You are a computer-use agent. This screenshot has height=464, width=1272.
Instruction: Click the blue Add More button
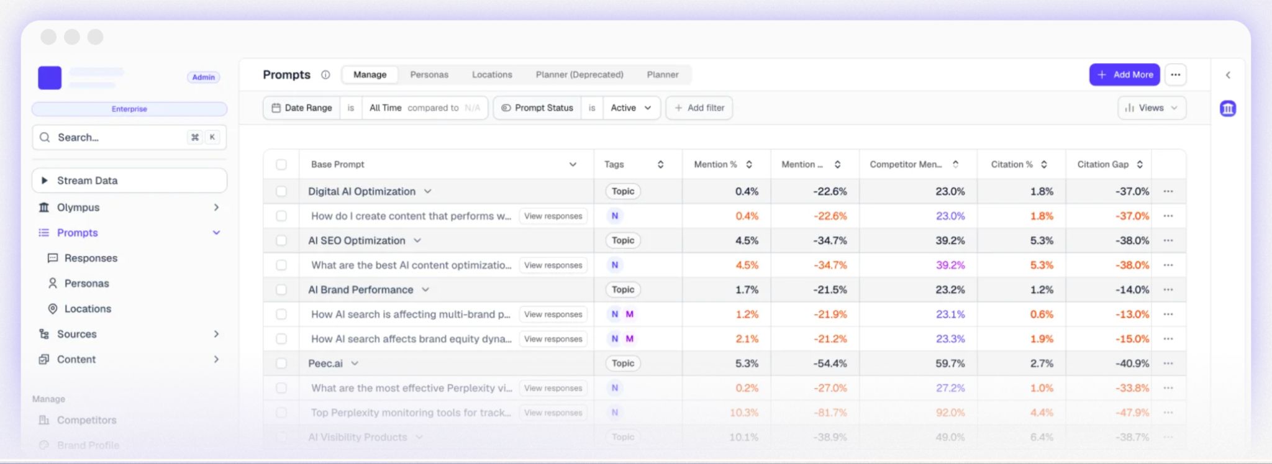(1124, 75)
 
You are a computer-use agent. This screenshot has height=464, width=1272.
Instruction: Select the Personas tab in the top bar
(429, 75)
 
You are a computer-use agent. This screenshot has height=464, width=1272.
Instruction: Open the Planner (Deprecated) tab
(579, 75)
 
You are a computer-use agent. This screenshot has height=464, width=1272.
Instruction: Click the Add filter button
(699, 107)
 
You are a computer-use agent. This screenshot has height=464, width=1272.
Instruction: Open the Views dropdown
(1151, 107)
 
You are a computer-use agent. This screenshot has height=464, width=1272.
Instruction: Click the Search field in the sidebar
(118, 137)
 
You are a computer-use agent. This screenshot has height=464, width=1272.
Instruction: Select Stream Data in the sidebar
(87, 180)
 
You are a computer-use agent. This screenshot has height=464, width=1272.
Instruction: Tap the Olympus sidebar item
(78, 207)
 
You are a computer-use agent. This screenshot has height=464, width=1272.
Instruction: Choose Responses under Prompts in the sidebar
(91, 258)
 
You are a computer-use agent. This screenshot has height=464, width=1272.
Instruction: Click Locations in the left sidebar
(88, 309)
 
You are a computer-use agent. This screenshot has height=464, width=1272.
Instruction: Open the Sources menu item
(77, 334)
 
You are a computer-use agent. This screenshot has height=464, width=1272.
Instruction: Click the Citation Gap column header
(1102, 165)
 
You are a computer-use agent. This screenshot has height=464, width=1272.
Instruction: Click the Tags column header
(614, 165)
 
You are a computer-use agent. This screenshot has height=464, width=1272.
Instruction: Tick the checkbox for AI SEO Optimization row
(281, 240)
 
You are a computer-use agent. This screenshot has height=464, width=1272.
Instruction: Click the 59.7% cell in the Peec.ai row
(950, 363)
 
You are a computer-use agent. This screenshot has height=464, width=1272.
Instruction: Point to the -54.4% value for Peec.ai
(830, 363)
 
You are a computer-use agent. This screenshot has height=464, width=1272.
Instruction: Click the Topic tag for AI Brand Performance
(622, 289)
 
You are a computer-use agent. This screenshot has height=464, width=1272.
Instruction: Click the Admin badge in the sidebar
(203, 77)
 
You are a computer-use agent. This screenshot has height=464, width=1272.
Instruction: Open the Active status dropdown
(630, 107)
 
